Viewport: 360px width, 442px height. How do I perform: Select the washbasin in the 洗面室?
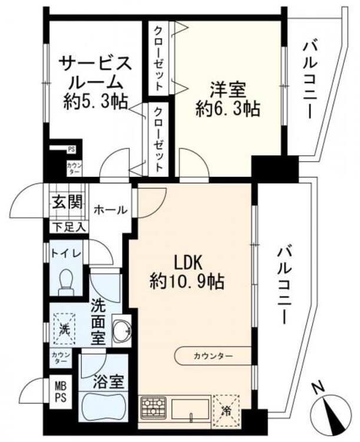coord(122,331)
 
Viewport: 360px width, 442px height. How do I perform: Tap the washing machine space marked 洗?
coord(65,329)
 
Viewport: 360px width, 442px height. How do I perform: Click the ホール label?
coord(111,210)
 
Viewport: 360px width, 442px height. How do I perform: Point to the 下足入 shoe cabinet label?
coord(70,227)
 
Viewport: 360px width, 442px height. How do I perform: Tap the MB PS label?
coord(61,392)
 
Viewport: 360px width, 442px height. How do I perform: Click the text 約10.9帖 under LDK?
coord(187,282)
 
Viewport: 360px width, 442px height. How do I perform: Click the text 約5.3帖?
coord(95,102)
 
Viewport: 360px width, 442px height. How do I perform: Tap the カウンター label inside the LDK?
coord(213,356)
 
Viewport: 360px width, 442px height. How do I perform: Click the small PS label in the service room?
coord(71,150)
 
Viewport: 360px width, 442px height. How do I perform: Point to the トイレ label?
coord(66,253)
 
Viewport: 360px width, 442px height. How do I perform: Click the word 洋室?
coord(228,90)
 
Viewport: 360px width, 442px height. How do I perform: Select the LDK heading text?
coord(188,263)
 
